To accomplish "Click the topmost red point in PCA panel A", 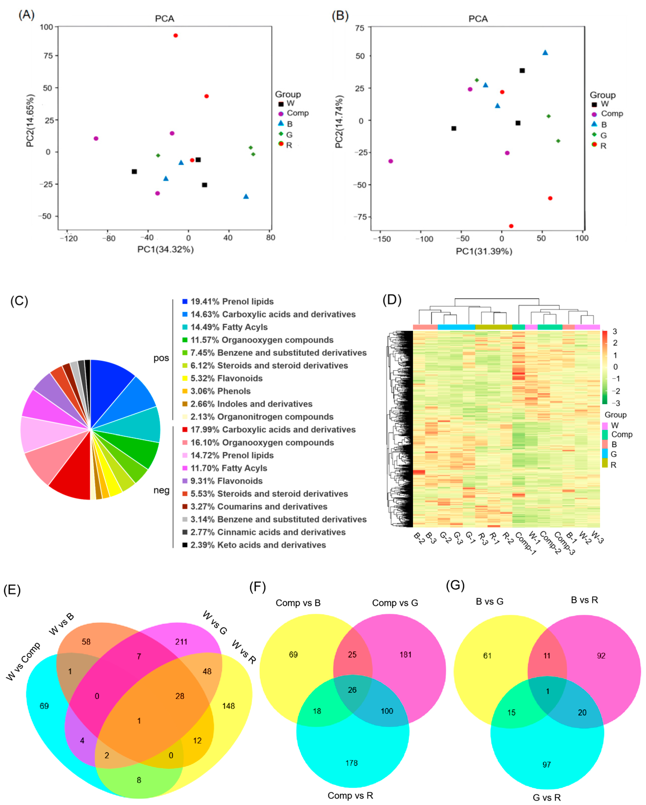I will [x=175, y=36].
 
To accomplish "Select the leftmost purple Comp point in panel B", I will [x=391, y=161].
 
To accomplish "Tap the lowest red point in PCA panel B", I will [x=511, y=226].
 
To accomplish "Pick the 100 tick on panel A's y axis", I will [x=47, y=27].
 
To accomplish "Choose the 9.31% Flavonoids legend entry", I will [x=226, y=481].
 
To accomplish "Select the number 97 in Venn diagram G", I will [x=547, y=765].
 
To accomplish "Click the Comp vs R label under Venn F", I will [x=350, y=795].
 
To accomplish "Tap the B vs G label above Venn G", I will [x=490, y=601].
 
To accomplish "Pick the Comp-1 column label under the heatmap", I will [x=525, y=543].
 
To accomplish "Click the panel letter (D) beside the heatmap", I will [x=392, y=300].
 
